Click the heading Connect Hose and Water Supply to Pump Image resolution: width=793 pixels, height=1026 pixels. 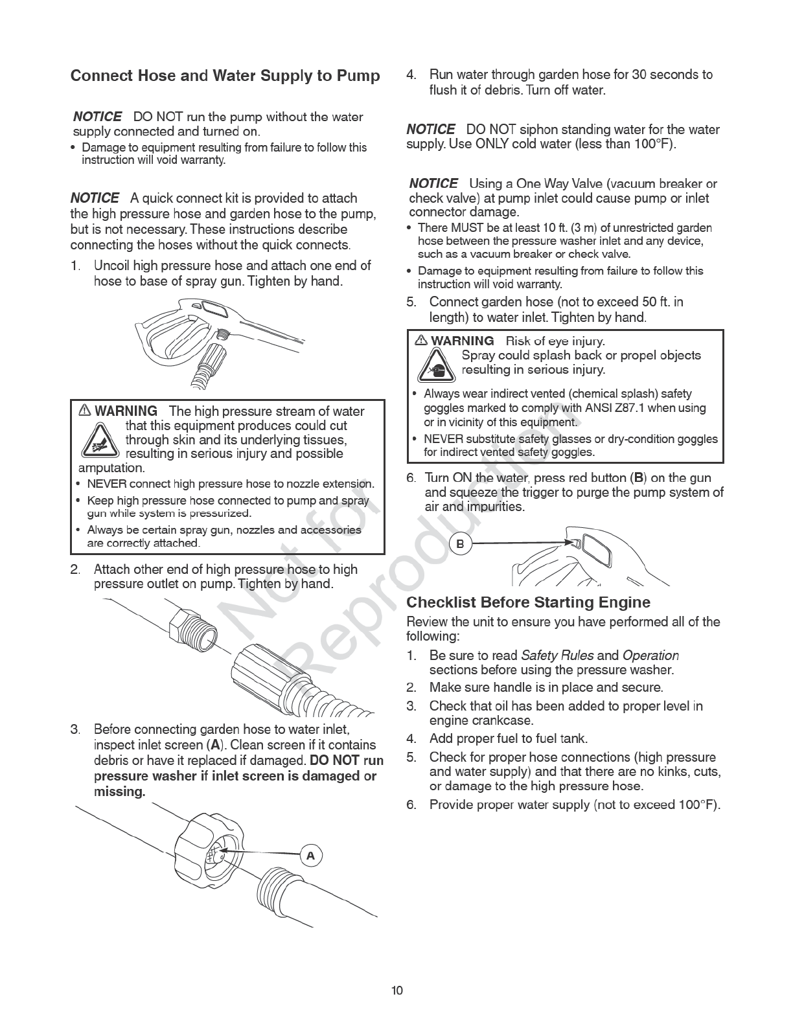[x=225, y=76]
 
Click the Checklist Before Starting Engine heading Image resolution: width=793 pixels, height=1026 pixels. [x=528, y=602]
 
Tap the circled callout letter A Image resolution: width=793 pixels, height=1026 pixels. [x=310, y=856]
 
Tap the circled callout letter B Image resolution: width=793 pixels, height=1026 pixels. [x=460, y=544]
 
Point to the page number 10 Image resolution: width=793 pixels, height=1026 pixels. [x=396, y=990]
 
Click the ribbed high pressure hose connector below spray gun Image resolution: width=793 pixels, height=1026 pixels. [x=213, y=359]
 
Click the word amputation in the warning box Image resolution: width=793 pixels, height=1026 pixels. [x=111, y=468]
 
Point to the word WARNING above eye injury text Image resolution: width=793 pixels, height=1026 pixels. [x=462, y=341]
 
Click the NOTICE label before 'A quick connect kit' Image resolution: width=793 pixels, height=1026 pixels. [x=95, y=198]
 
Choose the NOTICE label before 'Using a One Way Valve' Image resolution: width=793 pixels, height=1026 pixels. [x=433, y=184]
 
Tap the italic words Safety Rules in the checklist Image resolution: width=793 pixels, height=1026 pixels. [x=557, y=655]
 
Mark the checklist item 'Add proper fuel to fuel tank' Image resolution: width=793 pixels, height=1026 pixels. [x=508, y=738]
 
